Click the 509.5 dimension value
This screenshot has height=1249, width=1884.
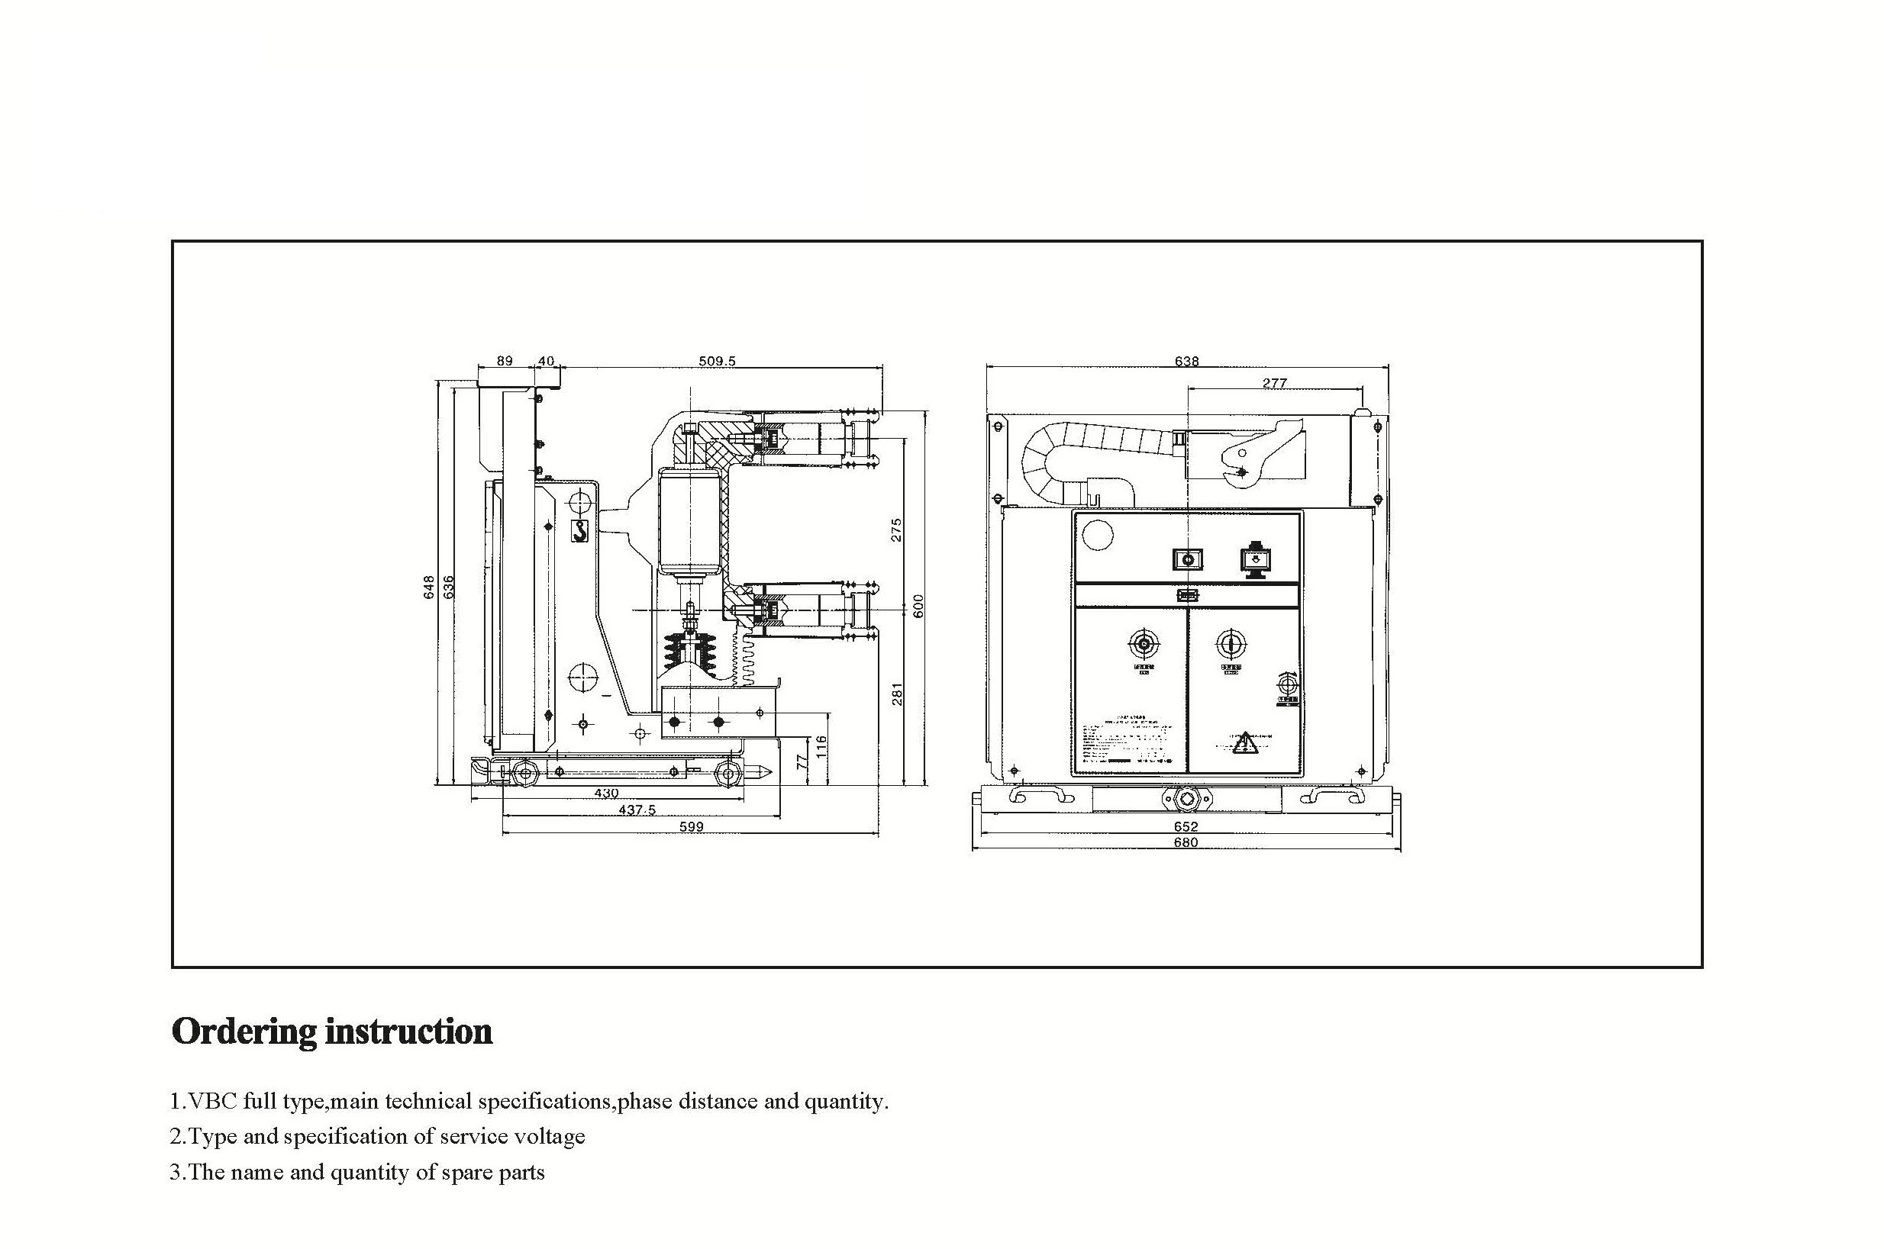tap(717, 361)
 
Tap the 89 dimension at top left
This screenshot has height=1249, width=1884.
tap(505, 361)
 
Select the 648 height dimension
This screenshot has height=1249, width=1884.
tap(430, 587)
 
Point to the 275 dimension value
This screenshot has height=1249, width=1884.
tap(895, 530)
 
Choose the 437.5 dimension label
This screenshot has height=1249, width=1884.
tap(637, 810)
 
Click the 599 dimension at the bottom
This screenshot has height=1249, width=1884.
tap(691, 827)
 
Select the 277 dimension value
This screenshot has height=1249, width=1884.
tap(1274, 382)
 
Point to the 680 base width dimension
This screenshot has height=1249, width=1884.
tap(1186, 842)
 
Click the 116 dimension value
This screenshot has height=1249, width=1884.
tap(821, 746)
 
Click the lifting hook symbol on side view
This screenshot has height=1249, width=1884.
tap(580, 530)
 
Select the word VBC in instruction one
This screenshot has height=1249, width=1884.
tap(211, 1102)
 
